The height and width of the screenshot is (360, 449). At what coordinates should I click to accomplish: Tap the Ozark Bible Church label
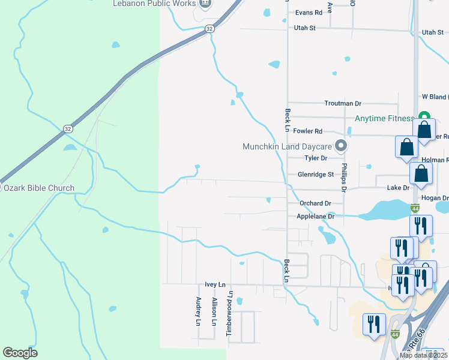(39, 188)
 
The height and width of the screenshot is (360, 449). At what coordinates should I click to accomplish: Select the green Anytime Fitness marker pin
(424, 117)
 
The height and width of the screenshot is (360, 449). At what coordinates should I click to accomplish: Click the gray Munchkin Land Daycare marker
(341, 146)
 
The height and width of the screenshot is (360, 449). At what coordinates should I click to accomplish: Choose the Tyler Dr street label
(316, 158)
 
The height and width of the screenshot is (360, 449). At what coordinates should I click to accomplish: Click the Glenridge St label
(316, 175)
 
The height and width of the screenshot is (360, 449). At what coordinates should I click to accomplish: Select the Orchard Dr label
(315, 203)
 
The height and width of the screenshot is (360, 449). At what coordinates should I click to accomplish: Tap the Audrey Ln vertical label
(198, 311)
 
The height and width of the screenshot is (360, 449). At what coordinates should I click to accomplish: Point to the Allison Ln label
(214, 311)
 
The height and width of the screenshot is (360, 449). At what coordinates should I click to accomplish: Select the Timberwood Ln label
(230, 313)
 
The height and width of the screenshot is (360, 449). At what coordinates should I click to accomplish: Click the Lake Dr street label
(398, 188)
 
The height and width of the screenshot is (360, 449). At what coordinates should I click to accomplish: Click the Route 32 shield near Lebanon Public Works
(209, 28)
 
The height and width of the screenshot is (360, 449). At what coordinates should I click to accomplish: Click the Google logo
(20, 353)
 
